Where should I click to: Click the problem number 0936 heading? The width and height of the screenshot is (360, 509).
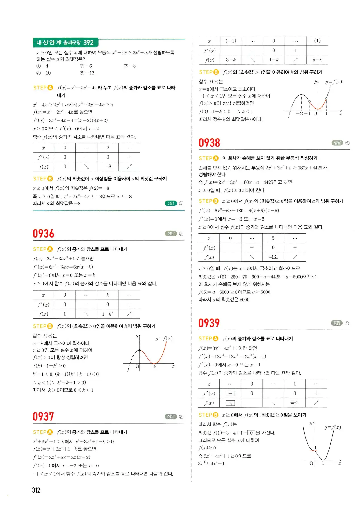tap(43, 234)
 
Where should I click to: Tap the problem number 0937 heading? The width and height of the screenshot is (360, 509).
tap(43, 417)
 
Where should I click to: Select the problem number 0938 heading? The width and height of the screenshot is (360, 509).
tap(209, 143)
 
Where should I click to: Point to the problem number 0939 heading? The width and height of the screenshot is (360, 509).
tap(209, 323)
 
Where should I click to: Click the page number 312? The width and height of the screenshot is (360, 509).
tap(36, 490)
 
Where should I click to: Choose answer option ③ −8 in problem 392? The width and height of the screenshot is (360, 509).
tap(130, 66)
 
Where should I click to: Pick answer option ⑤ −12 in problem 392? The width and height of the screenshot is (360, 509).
tap(87, 73)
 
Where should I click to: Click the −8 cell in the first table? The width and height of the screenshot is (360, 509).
tap(108, 166)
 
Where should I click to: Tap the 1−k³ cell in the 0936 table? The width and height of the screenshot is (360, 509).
tap(107, 314)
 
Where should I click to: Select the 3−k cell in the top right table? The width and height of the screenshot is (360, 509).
tap(231, 60)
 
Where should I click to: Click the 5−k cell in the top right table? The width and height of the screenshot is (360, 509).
tap(317, 60)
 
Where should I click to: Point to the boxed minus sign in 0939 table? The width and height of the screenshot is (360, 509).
tap(230, 393)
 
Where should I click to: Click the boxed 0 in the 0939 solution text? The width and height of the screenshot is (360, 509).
tap(251, 433)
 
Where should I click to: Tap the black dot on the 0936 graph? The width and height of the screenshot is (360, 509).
tap(140, 350)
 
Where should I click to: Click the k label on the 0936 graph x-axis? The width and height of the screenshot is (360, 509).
tap(155, 367)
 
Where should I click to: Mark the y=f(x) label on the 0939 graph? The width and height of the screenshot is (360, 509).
tap(332, 427)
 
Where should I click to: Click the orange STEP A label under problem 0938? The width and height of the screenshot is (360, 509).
tap(208, 158)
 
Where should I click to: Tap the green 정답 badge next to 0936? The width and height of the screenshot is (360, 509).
tap(171, 234)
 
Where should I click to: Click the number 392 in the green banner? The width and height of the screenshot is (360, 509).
tap(88, 43)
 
